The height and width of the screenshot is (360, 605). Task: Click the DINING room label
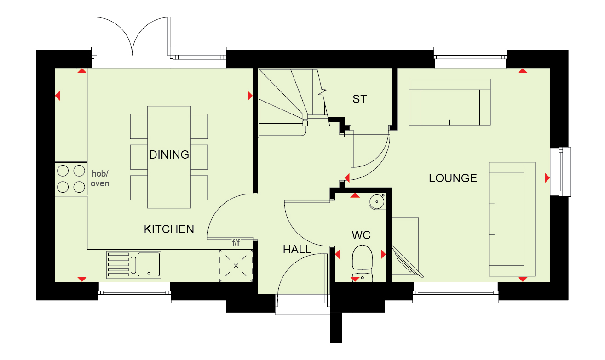pyautogui.click(x=169, y=154)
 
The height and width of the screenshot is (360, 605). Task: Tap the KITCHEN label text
pyautogui.click(x=169, y=229)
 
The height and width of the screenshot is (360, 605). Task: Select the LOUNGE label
pyautogui.click(x=453, y=178)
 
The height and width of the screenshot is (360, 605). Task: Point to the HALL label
pyautogui.click(x=297, y=250)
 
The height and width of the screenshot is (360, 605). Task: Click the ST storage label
pyautogui.click(x=360, y=99)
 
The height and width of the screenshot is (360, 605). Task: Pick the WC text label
pyautogui.click(x=361, y=235)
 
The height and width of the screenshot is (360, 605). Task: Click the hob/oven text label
pyautogui.click(x=100, y=178)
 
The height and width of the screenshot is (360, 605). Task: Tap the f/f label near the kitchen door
pyautogui.click(x=236, y=242)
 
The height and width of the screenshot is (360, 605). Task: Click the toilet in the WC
pyautogui.click(x=362, y=263)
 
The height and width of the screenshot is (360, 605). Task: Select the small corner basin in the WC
pyautogui.click(x=377, y=201)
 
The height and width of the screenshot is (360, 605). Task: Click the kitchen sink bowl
pyautogui.click(x=149, y=264)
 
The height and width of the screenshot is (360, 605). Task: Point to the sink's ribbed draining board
pyautogui.click(x=118, y=265)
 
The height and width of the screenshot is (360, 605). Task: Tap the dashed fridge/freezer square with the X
pyautogui.click(x=236, y=266)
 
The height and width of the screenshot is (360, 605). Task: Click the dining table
pyautogui.click(x=169, y=157)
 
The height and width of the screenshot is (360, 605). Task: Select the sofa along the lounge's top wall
pyautogui.click(x=449, y=102)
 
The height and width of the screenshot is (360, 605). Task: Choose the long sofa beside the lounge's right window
pyautogui.click(x=512, y=219)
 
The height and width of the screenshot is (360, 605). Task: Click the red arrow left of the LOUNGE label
pyautogui.click(x=347, y=177)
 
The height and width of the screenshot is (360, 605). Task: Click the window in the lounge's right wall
pyautogui.click(x=561, y=171)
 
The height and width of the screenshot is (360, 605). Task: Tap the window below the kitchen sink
pyautogui.click(x=134, y=292)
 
